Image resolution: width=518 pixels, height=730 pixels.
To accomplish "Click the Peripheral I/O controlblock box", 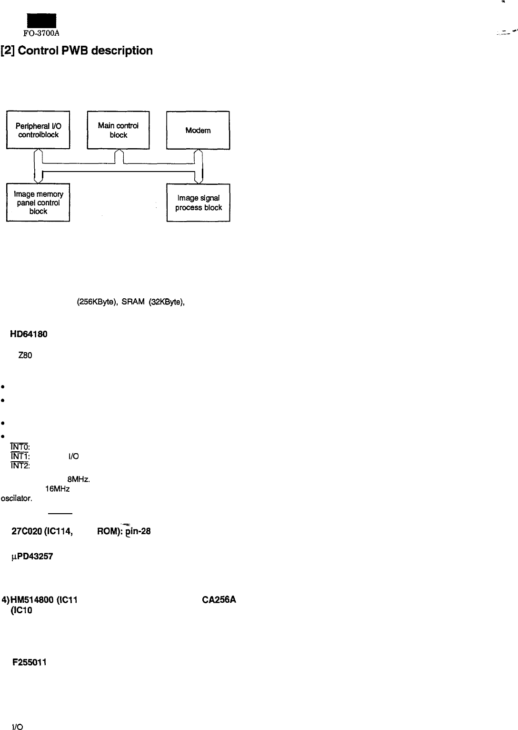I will point(38,130).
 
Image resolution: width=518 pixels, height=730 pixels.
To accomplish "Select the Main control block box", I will point(118,130).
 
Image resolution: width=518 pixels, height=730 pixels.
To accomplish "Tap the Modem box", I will point(198,130).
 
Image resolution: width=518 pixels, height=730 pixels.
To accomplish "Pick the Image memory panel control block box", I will point(38,203).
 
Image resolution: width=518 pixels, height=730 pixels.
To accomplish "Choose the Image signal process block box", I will point(198,203).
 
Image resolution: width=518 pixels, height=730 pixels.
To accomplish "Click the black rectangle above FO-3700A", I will point(41,20).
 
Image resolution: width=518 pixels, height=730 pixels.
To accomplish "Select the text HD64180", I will point(30,334).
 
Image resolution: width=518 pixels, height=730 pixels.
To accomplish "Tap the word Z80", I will point(25,355).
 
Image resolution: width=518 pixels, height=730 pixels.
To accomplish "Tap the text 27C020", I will point(26,531).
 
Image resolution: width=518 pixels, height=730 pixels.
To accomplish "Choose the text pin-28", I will point(139,531).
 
